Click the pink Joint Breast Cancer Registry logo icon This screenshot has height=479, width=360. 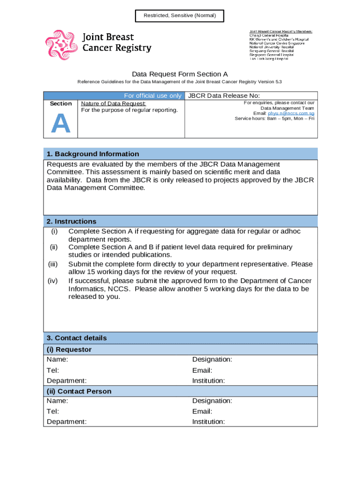tap(61, 44)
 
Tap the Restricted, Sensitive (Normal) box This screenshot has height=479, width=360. tap(180, 16)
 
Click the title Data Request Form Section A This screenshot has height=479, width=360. tap(180, 74)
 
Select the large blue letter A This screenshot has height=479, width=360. tap(61, 123)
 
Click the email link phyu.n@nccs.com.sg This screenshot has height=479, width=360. tap(291, 113)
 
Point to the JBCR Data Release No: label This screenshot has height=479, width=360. tap(223, 96)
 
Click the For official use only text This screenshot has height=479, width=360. tap(152, 96)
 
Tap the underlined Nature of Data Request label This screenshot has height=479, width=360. tap(114, 103)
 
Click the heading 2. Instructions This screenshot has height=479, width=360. tap(71, 221)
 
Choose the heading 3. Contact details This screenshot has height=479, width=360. tap(77, 338)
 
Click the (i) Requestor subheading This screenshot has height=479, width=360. tap(69, 349)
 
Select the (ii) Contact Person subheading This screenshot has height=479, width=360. tap(79, 391)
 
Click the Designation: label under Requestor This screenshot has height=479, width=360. tap(212, 359)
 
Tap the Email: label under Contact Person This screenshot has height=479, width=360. tap(202, 411)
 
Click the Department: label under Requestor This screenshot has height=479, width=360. tap(66, 381)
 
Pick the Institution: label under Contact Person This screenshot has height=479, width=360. tap(209, 421)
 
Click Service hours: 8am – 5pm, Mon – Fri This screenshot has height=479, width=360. tap(274, 119)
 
